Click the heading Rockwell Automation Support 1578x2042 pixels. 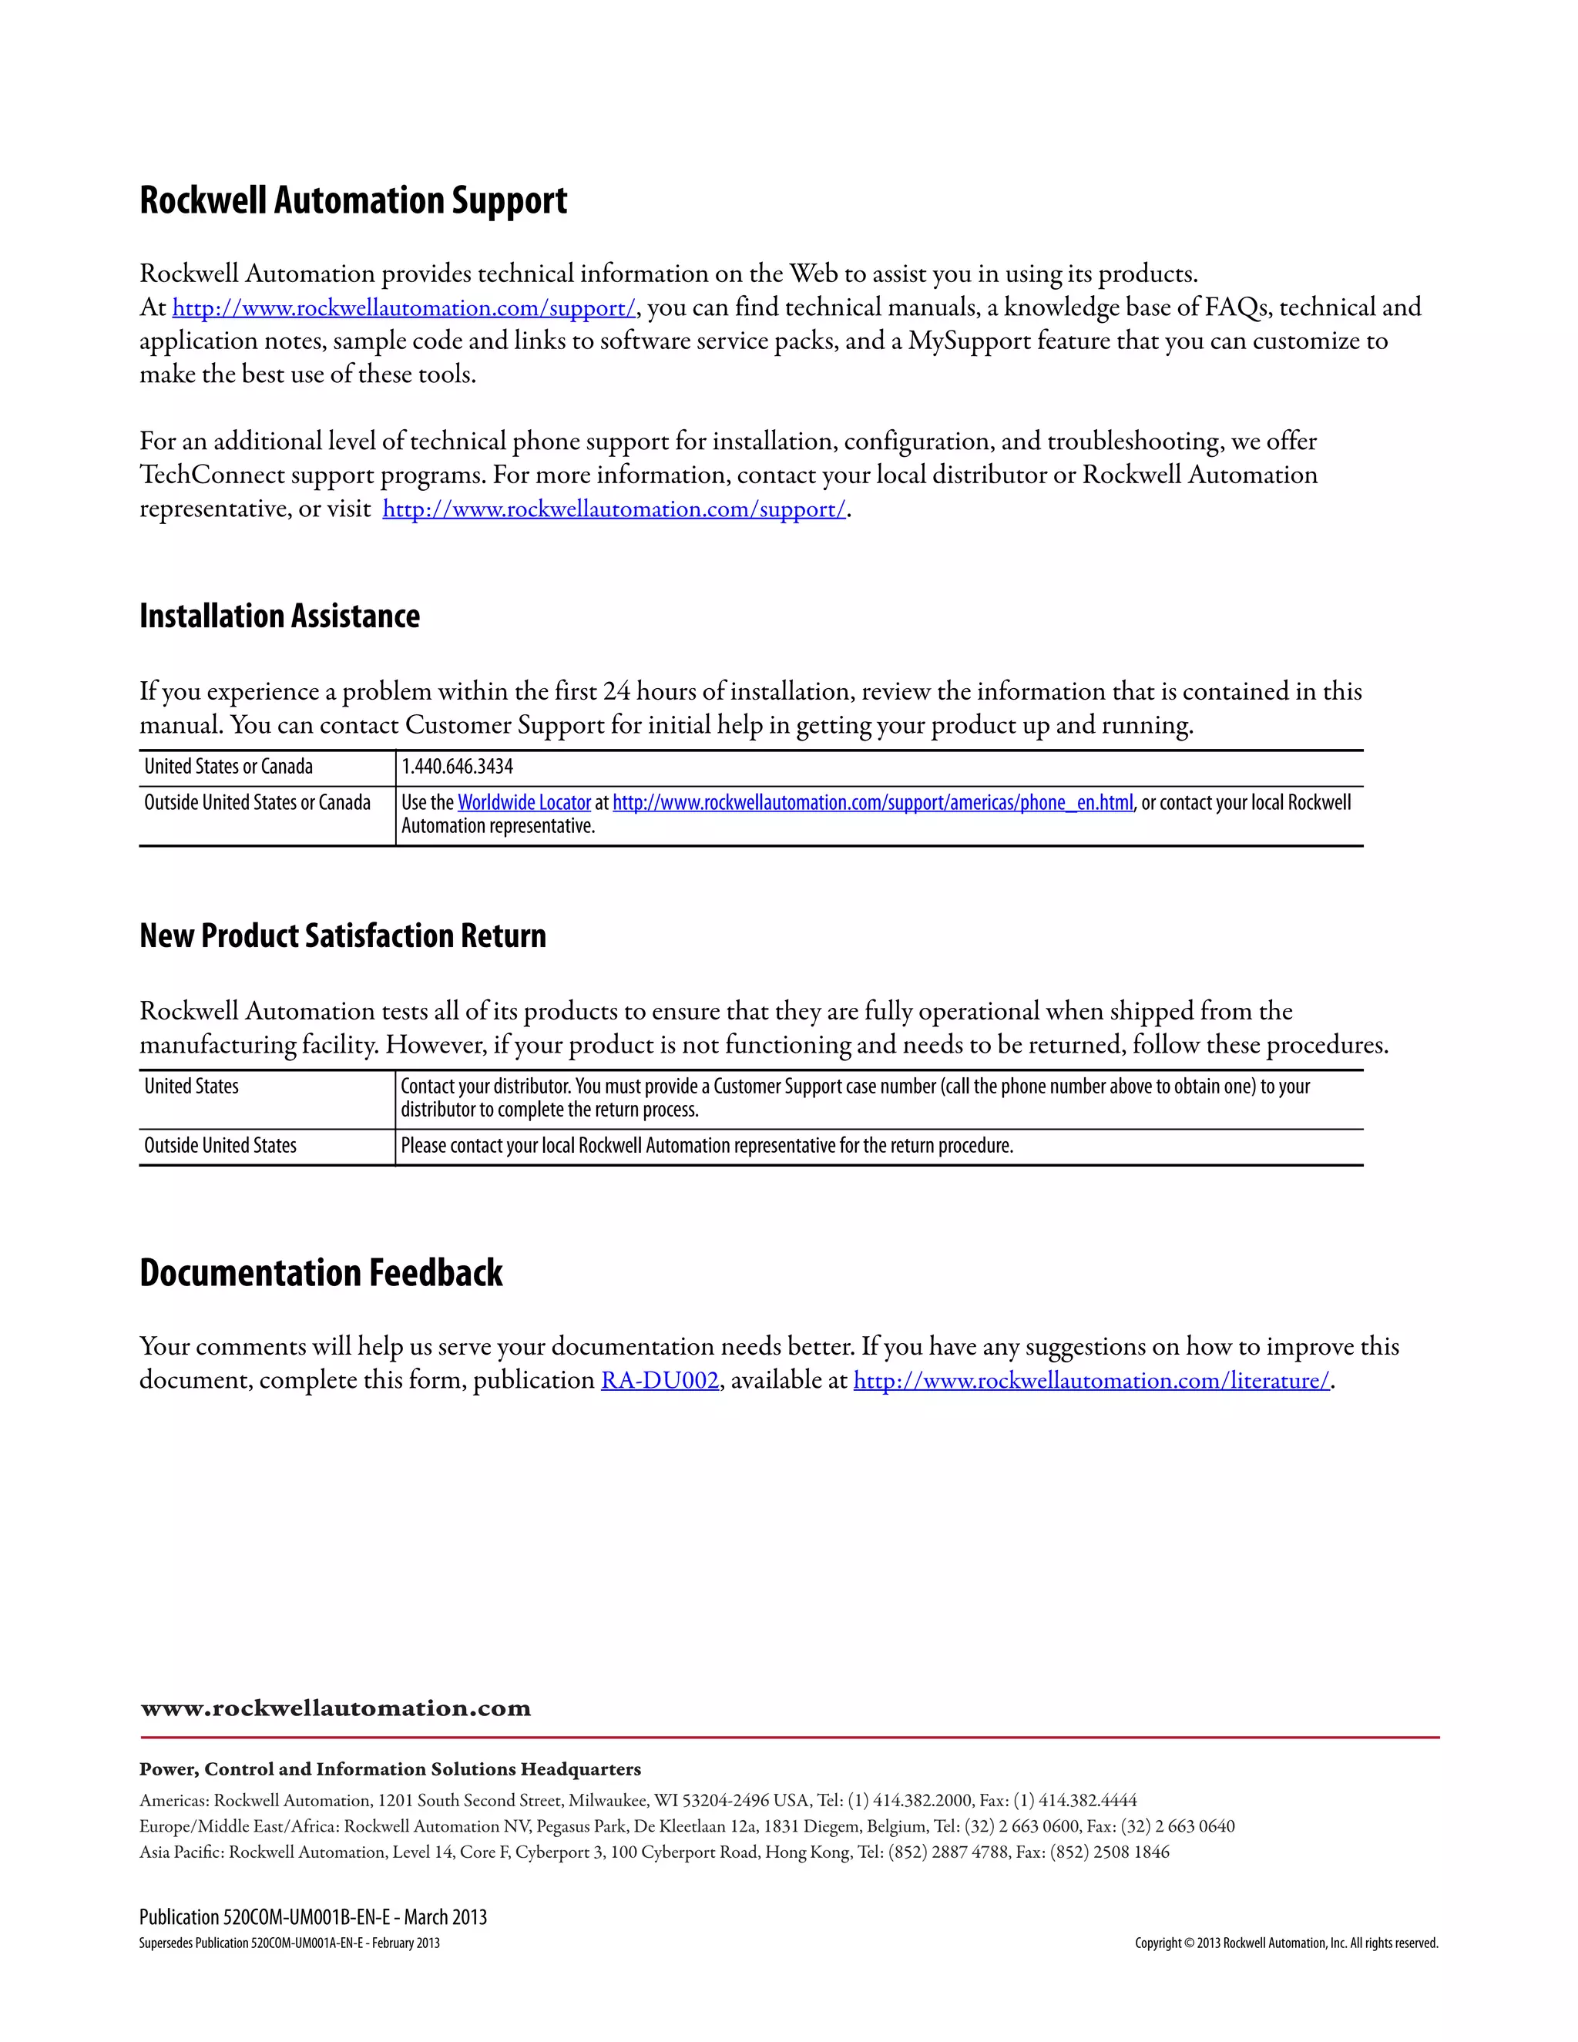click(354, 201)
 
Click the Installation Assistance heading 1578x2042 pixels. click(280, 616)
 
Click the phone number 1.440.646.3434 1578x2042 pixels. click(457, 767)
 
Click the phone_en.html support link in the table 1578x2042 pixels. click(871, 802)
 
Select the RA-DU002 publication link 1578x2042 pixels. click(659, 1380)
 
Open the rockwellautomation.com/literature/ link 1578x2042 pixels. click(1091, 1380)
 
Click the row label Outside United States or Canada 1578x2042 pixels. click(257, 802)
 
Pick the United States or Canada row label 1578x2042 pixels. click(228, 767)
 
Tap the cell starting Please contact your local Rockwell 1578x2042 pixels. click(707, 1145)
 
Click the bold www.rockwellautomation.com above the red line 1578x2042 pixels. click(336, 1708)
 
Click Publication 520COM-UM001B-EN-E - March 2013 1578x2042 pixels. click(313, 1918)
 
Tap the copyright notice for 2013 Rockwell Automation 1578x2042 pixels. click(1286, 1943)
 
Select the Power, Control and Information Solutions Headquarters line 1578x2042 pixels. click(390, 1769)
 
